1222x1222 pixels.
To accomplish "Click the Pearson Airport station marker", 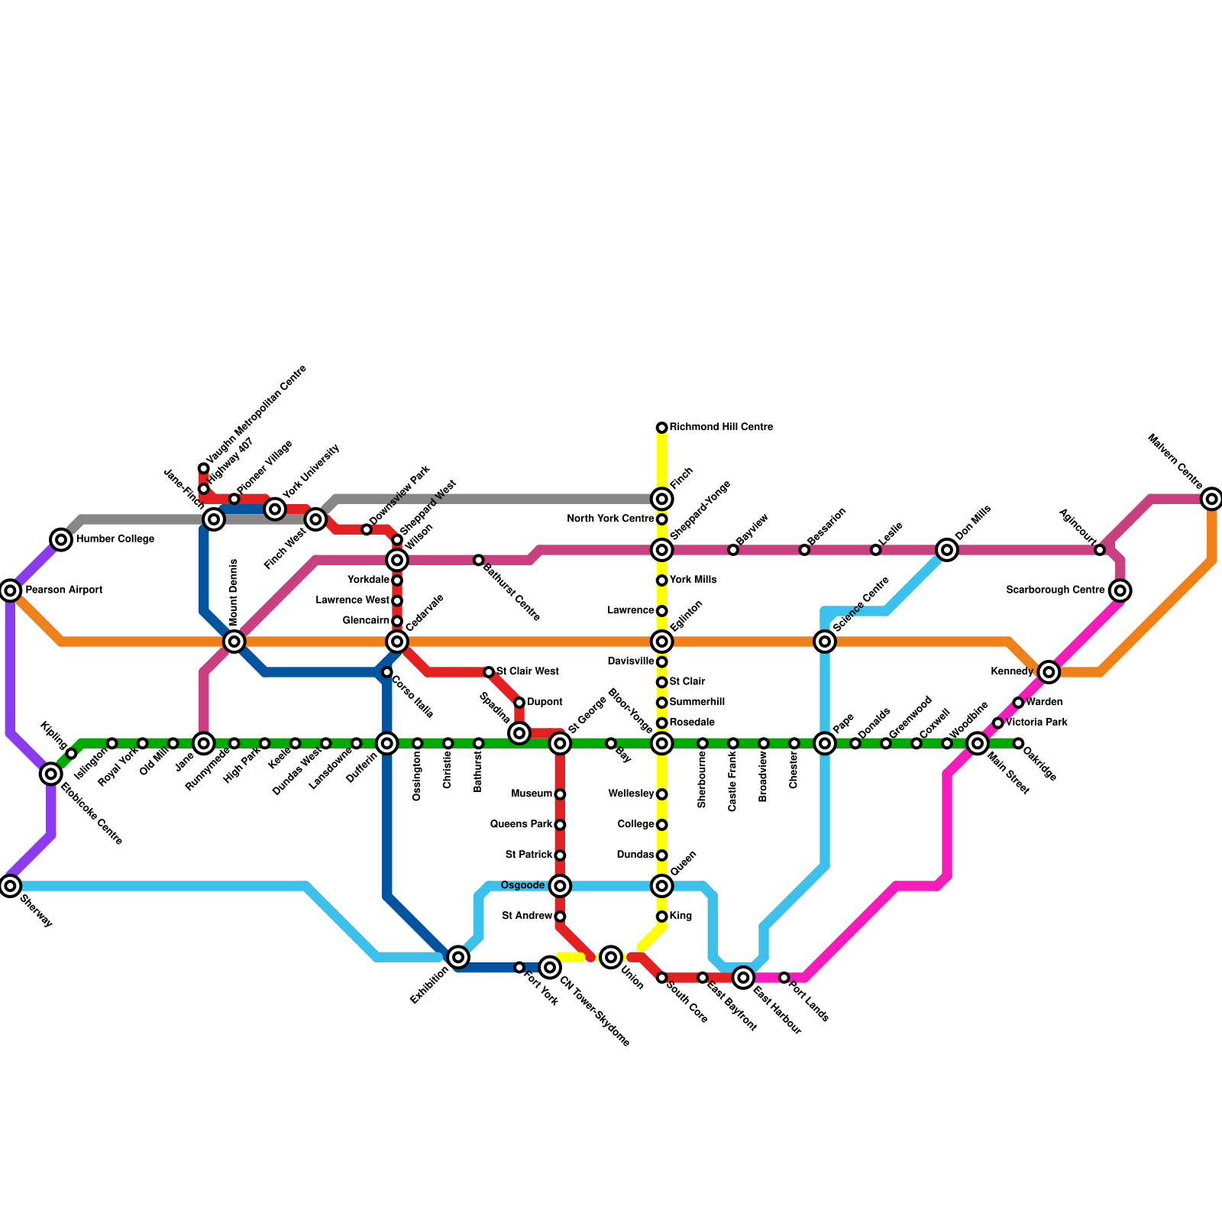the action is coord(10,590).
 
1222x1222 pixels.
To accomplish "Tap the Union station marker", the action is coord(610,957).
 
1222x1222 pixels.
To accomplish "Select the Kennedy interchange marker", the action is coord(1049,672).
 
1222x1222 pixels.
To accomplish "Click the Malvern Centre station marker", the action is coord(1211,499).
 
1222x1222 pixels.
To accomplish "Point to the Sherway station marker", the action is coord(10,886).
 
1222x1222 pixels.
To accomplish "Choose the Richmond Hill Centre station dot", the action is coord(661,428).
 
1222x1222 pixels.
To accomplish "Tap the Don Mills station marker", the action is coord(947,550).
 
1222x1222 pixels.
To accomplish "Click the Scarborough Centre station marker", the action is coord(1120,590).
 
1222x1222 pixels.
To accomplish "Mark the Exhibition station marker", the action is coord(457,957).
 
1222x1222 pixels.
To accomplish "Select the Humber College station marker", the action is coord(61,540).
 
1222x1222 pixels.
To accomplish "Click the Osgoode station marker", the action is coord(560,886).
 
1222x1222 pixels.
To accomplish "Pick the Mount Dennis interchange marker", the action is coord(234,642).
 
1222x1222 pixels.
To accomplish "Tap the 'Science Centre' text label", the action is coord(862,604).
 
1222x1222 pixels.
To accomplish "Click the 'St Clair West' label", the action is coord(527,672).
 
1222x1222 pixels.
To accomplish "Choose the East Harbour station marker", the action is coord(743,977).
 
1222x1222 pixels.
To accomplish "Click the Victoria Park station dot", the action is coord(997,723).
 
